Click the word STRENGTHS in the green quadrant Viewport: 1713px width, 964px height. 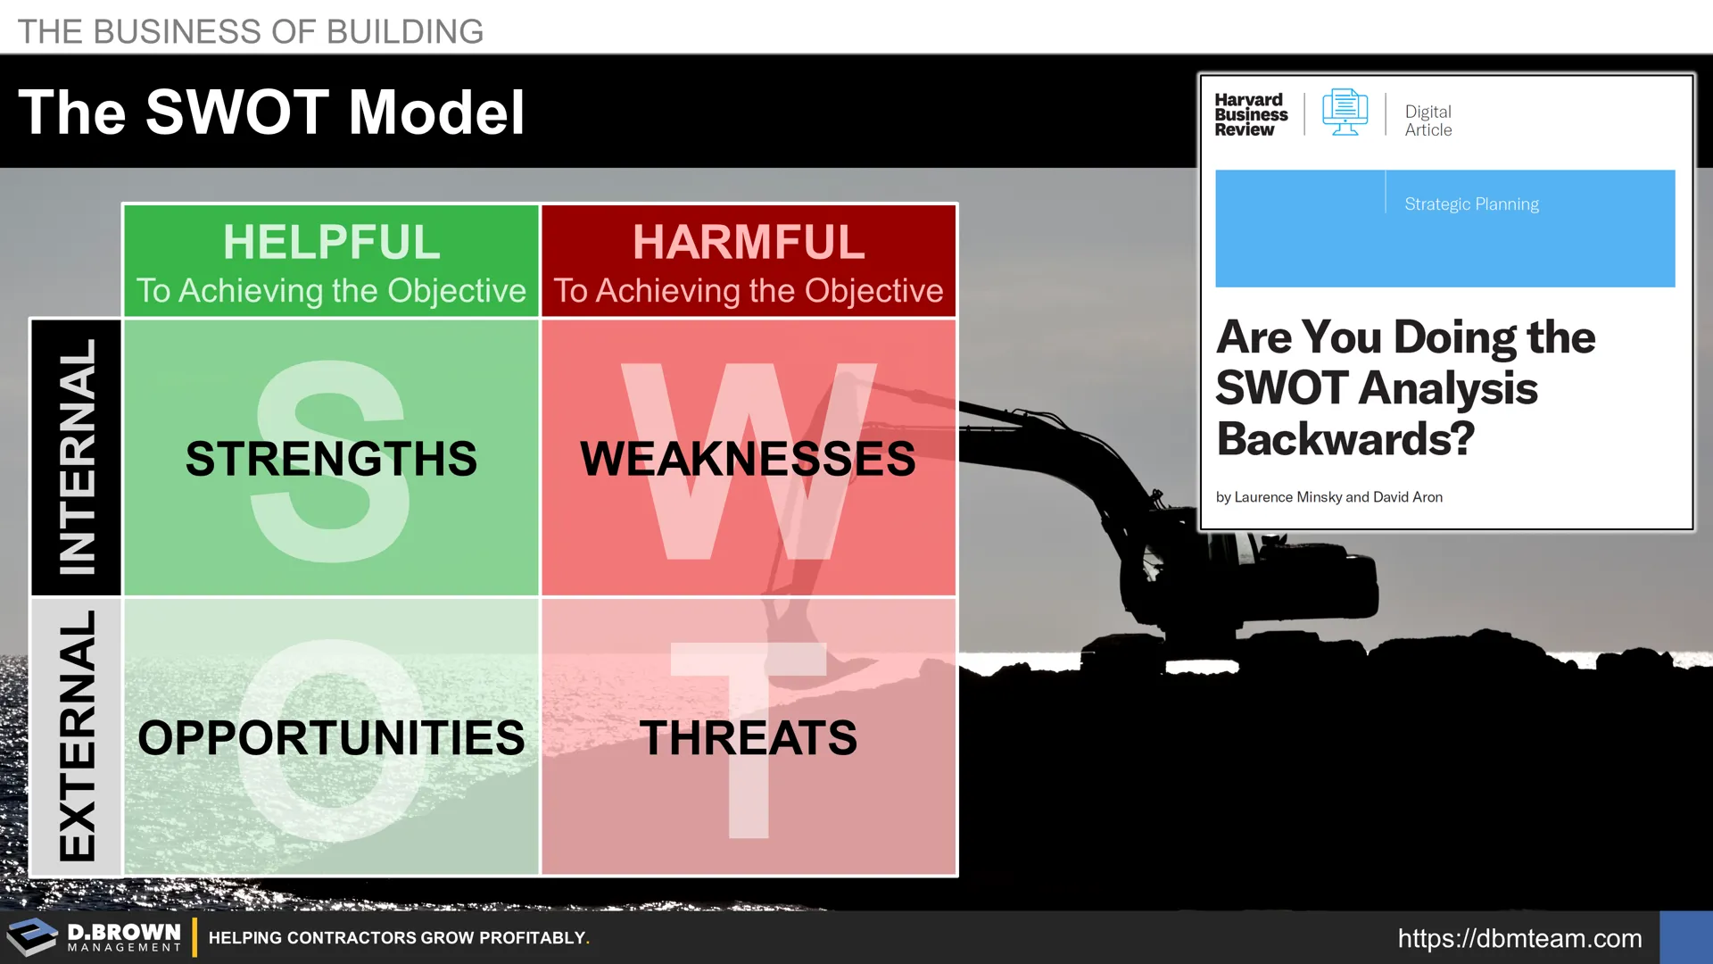[331, 459]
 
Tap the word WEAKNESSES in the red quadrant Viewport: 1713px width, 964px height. [748, 459]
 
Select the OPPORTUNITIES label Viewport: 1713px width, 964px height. [331, 738]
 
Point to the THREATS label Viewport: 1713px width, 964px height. [748, 738]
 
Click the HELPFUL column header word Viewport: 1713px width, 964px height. [331, 242]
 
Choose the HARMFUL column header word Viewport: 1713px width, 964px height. [749, 242]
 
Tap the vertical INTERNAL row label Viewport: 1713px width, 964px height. [77, 456]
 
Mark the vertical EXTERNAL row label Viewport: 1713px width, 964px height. [77, 736]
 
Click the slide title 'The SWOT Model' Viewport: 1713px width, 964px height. [271, 112]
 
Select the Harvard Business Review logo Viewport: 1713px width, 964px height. [1251, 114]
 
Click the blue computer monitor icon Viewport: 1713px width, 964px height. [1345, 112]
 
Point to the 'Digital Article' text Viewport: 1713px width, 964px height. [1428, 120]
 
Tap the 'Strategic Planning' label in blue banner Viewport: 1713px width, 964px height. [1471, 204]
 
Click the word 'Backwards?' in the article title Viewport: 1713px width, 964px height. [1345, 438]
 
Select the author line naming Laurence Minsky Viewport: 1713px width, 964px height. [1328, 497]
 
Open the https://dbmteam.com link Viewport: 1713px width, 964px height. [1519, 938]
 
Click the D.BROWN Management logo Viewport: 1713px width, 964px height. [95, 937]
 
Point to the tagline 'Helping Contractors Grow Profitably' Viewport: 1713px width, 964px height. [399, 938]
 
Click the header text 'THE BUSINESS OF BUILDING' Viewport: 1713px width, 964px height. [251, 31]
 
